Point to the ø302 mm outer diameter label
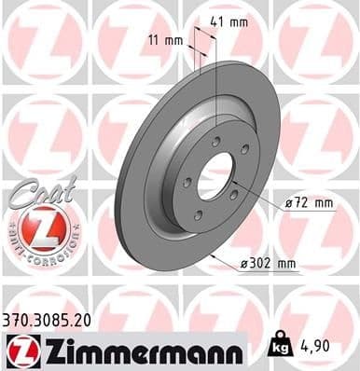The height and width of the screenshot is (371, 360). point(267,264)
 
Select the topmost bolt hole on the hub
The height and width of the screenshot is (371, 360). point(216,142)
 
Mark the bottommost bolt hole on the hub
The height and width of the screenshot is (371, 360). point(197,217)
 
